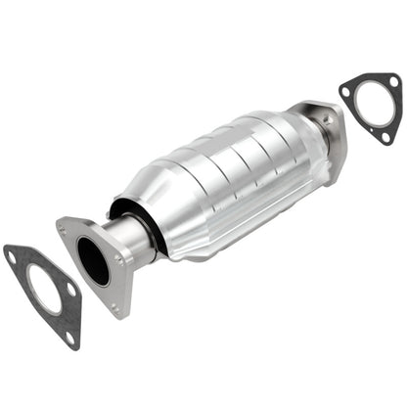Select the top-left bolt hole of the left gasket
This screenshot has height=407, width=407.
coord(12,256)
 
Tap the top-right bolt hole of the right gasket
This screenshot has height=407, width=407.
coord(391,80)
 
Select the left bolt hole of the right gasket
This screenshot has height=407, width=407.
coord(346,93)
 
